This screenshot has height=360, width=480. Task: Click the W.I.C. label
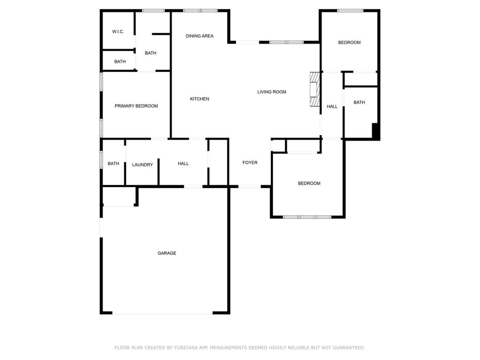(x=118, y=31)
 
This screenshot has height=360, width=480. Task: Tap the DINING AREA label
(x=200, y=36)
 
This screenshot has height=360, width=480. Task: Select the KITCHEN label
(x=200, y=98)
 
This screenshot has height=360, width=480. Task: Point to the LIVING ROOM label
(x=272, y=92)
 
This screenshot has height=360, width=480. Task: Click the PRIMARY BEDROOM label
(x=136, y=106)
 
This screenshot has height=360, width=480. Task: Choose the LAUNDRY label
(x=142, y=165)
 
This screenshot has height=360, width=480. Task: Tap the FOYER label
(x=250, y=163)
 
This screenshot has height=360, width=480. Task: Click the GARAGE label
(x=167, y=253)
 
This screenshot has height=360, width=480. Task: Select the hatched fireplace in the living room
(x=315, y=89)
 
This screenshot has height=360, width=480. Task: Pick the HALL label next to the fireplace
(x=332, y=106)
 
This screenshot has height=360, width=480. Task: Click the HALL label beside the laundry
(x=183, y=164)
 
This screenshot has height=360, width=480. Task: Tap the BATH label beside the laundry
(x=113, y=164)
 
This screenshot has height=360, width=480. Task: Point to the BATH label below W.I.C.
(x=120, y=61)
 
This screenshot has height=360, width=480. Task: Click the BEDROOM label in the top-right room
(x=349, y=43)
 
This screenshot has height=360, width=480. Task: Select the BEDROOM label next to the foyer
(x=309, y=183)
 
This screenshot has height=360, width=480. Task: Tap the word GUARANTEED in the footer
(x=349, y=348)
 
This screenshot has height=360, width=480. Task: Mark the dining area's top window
(x=200, y=11)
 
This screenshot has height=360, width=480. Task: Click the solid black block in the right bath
(x=375, y=131)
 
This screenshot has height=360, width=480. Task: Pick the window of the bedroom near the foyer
(x=307, y=217)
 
